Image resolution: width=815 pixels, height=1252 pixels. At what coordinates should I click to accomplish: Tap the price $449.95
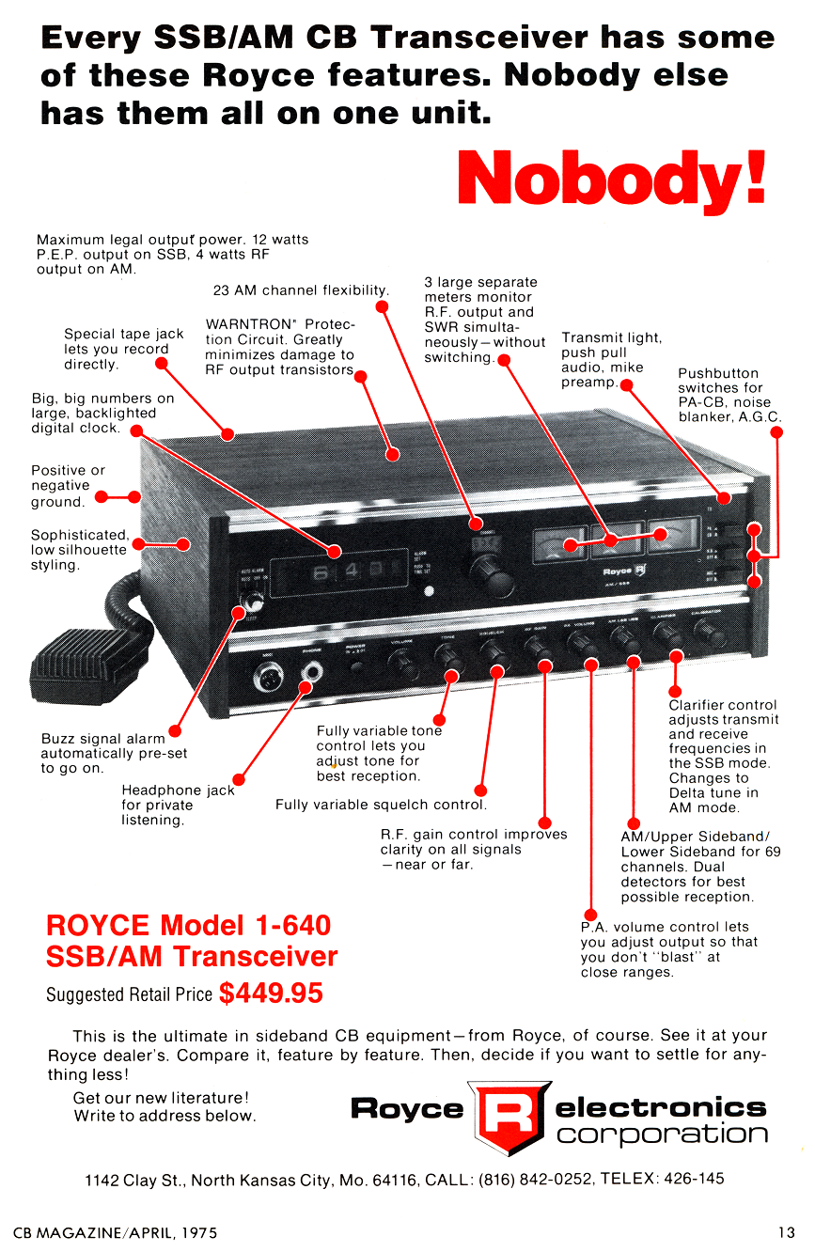pyautogui.click(x=271, y=993)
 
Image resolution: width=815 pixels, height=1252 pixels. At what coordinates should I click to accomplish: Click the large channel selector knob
pyautogui.click(x=488, y=570)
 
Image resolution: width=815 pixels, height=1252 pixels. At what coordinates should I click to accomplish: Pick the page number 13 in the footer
pyautogui.click(x=786, y=1230)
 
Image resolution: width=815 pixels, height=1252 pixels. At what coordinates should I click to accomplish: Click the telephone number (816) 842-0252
pyautogui.click(x=536, y=1179)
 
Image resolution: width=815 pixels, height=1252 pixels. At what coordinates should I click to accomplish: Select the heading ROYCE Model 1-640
pyautogui.click(x=188, y=926)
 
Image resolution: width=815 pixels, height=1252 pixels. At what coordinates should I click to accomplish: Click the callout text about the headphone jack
pyautogui.click(x=178, y=806)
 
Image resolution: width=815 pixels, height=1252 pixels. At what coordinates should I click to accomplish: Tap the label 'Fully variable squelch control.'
pyautogui.click(x=381, y=805)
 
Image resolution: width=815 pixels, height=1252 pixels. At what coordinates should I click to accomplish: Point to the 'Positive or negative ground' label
pyautogui.click(x=68, y=486)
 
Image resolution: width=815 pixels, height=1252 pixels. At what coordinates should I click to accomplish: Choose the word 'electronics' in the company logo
pyautogui.click(x=661, y=1106)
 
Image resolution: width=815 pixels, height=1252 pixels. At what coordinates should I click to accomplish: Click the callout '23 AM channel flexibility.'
pyautogui.click(x=301, y=290)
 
